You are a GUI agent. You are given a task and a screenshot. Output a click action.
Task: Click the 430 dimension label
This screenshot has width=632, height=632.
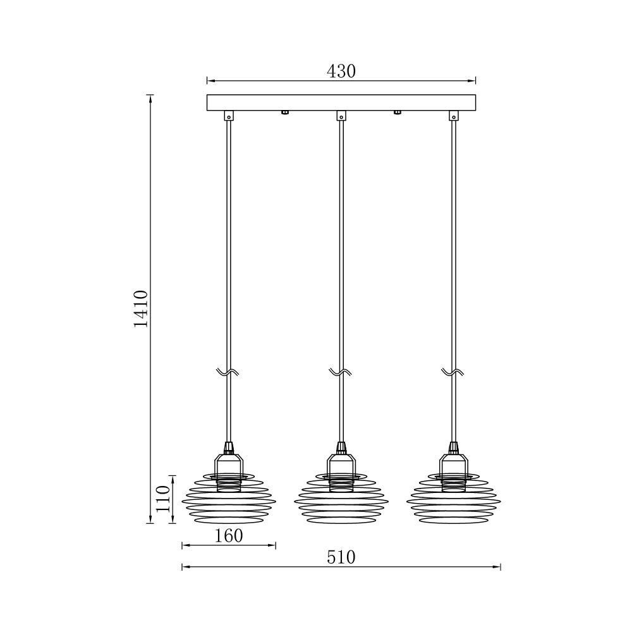click(x=341, y=71)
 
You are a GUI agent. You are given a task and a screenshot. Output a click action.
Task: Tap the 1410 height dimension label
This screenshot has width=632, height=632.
click(x=142, y=309)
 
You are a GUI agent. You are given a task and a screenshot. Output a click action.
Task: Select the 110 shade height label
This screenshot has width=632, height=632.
click(x=163, y=499)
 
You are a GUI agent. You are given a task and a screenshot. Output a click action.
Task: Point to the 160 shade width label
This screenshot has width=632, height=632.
click(x=229, y=536)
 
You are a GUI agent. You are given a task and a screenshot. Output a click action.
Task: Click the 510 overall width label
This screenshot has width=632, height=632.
click(x=341, y=557)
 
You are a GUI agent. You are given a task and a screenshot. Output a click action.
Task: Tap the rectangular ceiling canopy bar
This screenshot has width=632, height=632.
click(x=341, y=102)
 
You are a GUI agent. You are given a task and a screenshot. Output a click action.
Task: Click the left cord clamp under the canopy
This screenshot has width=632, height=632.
click(x=229, y=116)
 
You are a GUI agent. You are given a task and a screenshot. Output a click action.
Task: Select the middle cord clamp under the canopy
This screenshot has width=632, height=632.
click(x=341, y=116)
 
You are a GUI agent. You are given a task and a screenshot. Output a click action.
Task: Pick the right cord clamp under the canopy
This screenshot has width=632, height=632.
click(x=453, y=116)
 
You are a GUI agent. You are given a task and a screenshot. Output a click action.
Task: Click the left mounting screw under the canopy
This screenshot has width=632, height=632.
click(x=284, y=112)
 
